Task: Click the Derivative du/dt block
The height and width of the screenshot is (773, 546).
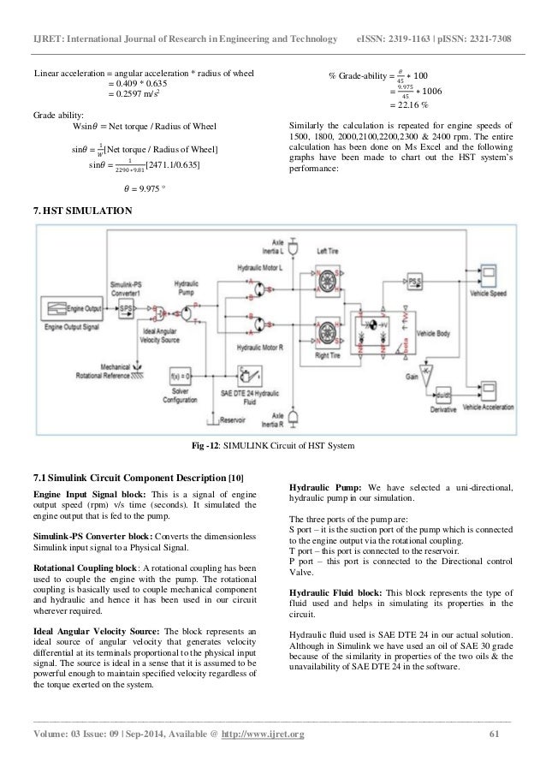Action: pyautogui.click(x=441, y=394)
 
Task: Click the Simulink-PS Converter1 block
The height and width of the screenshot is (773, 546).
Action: pyautogui.click(x=126, y=305)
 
